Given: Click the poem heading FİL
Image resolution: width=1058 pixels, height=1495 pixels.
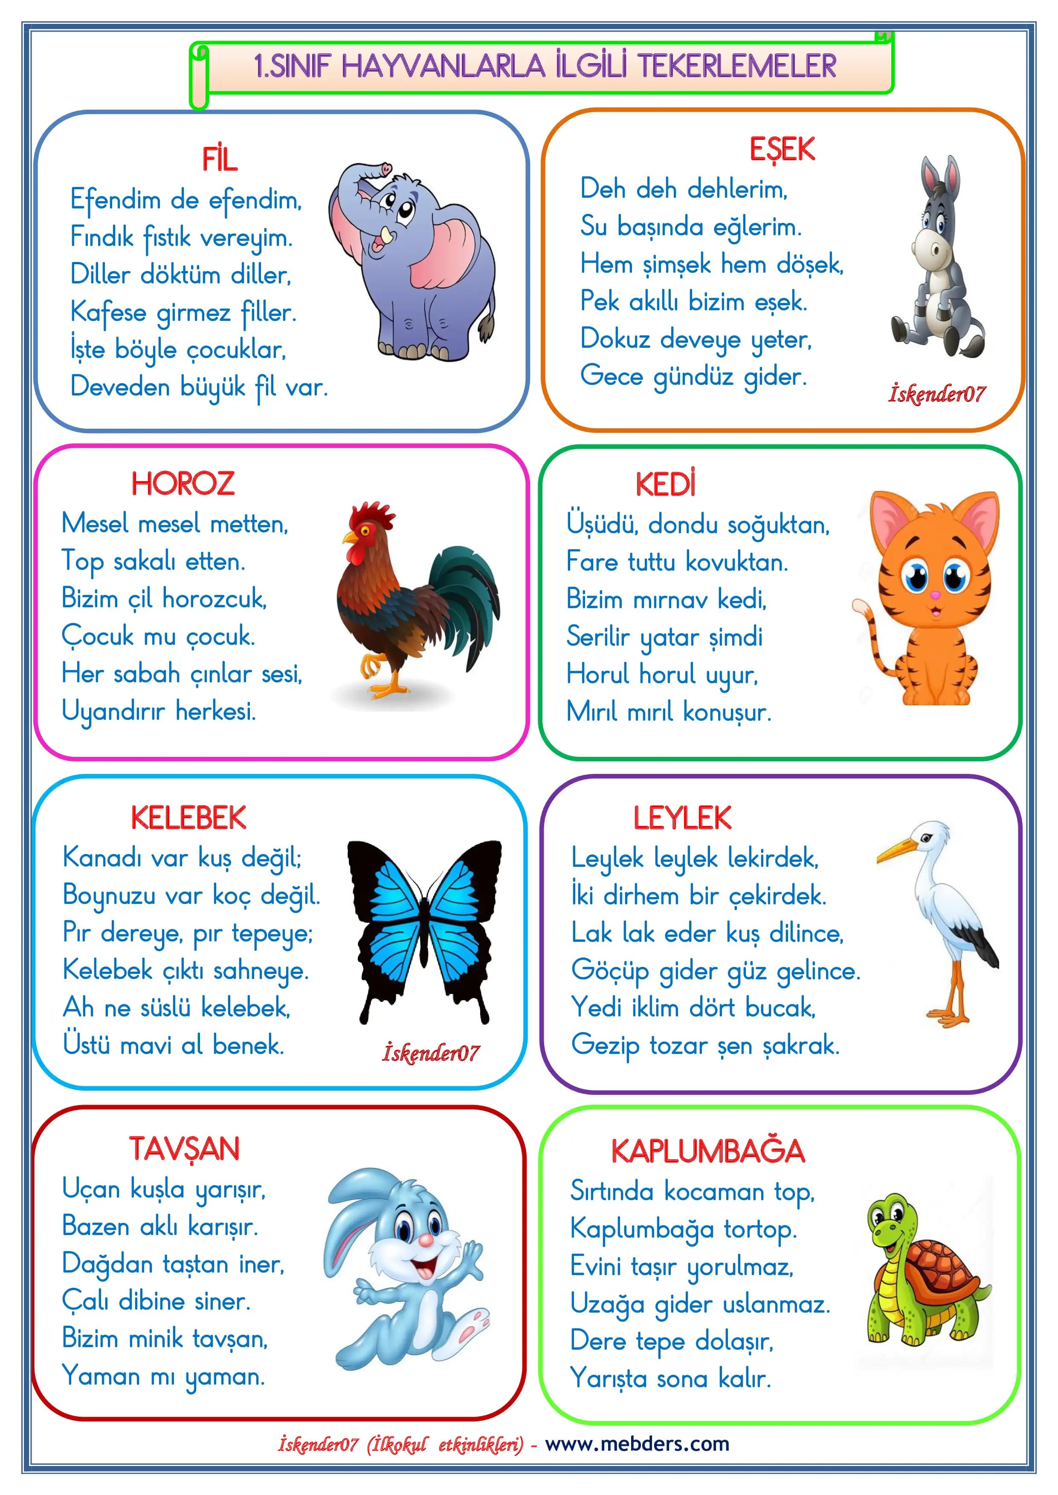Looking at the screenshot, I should coord(220,159).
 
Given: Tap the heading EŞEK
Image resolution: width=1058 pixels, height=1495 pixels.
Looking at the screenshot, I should coord(781,150).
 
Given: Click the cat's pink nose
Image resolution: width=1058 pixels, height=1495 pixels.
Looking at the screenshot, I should coord(935,595).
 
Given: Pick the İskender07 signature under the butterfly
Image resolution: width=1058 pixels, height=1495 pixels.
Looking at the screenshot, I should coord(431,1053).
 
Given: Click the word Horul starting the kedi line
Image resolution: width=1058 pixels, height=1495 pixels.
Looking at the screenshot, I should coord(598,674).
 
